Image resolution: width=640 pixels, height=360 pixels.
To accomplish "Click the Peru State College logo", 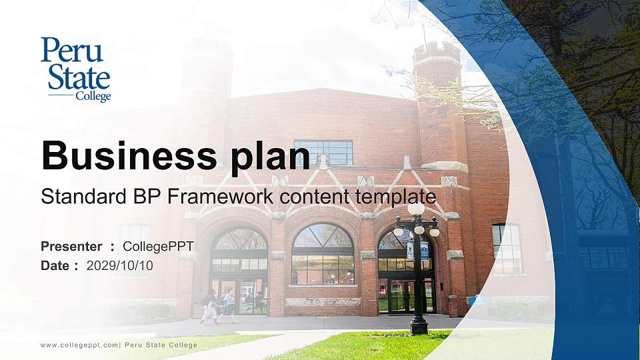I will pos(75,69).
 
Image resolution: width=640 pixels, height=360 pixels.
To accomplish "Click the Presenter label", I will pos(71,247).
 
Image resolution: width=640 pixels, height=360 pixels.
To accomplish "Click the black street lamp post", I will pos(418,287).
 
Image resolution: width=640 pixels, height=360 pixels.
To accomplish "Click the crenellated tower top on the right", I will pos(437,53).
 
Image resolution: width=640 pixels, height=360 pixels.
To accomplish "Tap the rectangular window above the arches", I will pos(324,152).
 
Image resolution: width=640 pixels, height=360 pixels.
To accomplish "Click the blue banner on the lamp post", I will pos(424,251).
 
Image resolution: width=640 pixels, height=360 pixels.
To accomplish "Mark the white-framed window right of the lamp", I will pos(507,249).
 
